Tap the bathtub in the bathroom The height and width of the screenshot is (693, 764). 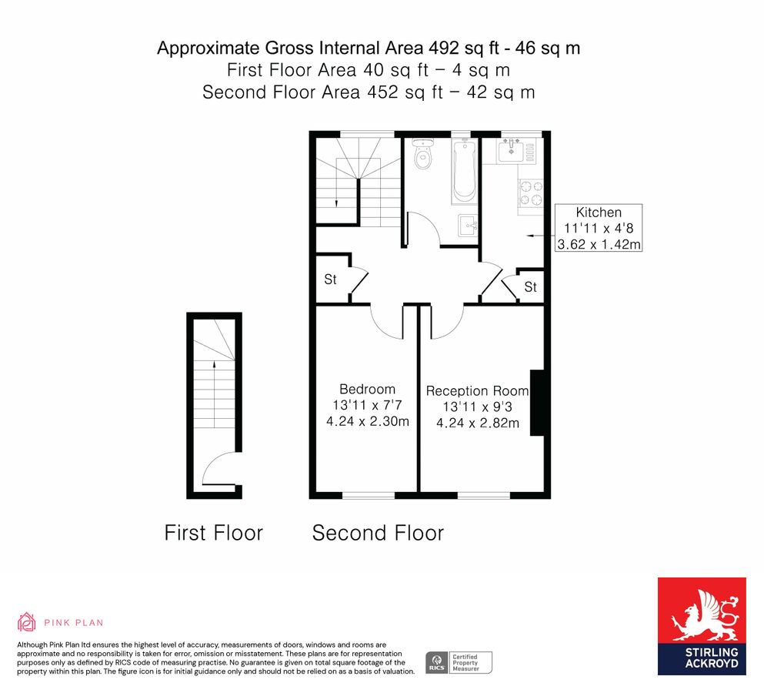click(464, 171)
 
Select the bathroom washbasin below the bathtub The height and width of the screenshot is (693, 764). click(468, 226)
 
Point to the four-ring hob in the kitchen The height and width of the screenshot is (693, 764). click(531, 193)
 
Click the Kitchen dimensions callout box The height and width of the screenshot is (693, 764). click(599, 228)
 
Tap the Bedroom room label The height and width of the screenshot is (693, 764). click(368, 389)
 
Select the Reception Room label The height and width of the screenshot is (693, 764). click(477, 390)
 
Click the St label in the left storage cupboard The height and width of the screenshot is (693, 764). click(330, 280)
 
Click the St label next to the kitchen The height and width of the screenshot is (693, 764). click(531, 286)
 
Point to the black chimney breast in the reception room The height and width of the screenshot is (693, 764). click(537, 403)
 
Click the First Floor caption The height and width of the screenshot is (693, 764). click(213, 533)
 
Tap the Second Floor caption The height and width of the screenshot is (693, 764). click(378, 533)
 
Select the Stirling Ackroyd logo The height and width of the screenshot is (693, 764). click(702, 626)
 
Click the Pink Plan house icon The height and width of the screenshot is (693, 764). click(27, 622)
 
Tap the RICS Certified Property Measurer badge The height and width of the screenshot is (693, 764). click(459, 663)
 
